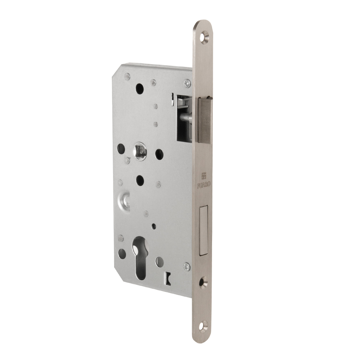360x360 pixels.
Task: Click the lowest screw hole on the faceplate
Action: click(x=204, y=324)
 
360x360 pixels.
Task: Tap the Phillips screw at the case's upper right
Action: click(x=186, y=83)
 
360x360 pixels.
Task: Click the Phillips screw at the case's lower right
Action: click(x=186, y=267)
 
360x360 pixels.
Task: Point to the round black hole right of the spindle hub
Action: click(x=159, y=154)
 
